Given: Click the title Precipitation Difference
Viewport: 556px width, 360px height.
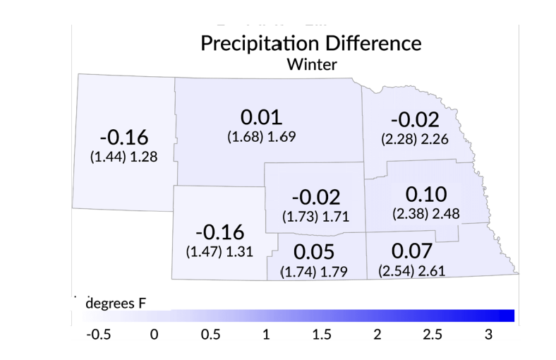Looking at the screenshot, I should coord(311,43).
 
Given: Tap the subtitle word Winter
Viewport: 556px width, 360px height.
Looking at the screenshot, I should coord(311,64).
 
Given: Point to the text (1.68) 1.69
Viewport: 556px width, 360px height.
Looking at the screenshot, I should coord(261,136).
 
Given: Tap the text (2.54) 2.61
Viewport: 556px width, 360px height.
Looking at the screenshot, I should coord(411,271).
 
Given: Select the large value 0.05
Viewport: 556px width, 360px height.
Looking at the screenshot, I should coord(313,252).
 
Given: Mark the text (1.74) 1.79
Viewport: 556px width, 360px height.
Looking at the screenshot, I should coord(313,272).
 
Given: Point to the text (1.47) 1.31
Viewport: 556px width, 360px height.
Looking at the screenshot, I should coord(219,251).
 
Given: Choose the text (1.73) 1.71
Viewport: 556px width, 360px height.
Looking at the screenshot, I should coord(315,215).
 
